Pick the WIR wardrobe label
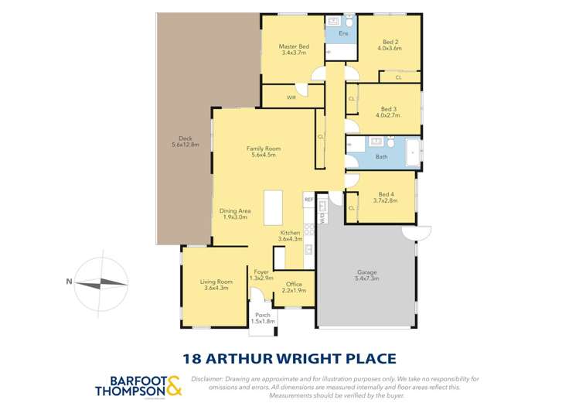click(291, 97)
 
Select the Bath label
click(381, 157)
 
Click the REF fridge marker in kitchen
click(308, 200)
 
